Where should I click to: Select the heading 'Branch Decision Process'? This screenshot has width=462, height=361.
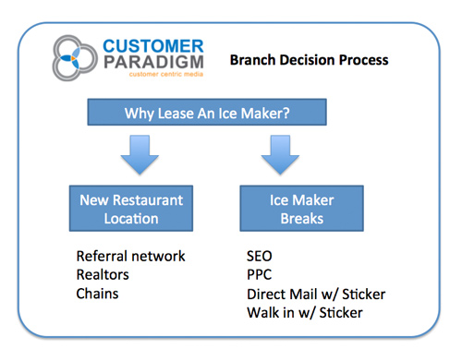pos(310,61)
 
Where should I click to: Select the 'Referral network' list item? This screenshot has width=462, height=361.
pos(130,256)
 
